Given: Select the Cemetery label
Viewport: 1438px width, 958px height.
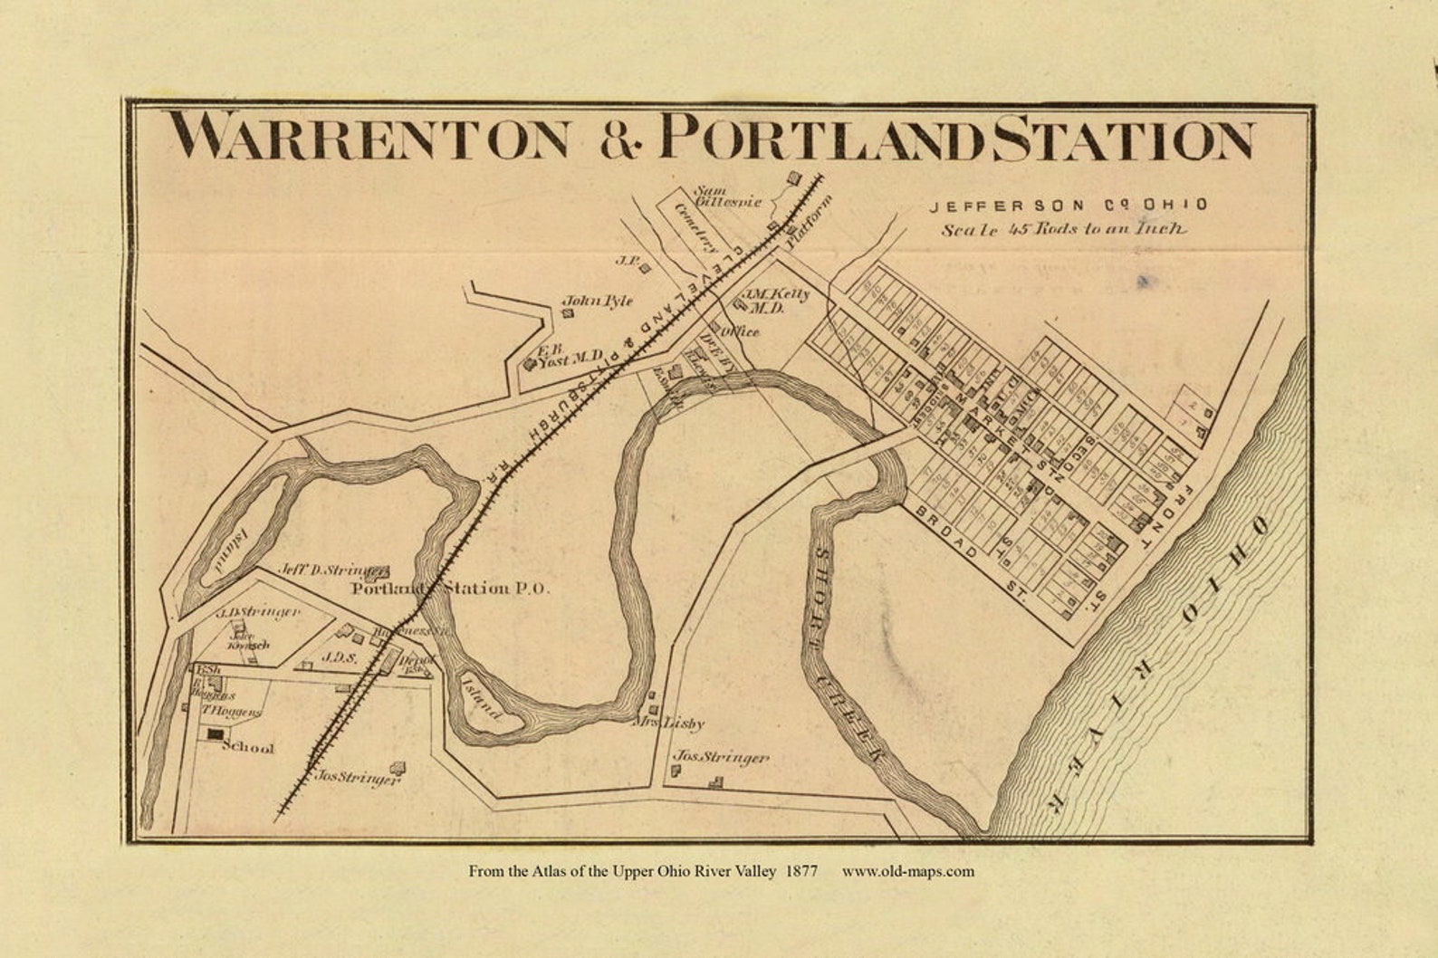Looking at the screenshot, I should pyautogui.click(x=696, y=226).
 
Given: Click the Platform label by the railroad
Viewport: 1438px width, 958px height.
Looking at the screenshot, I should pyautogui.click(x=808, y=224).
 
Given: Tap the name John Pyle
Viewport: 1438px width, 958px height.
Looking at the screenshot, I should pyautogui.click(x=598, y=302).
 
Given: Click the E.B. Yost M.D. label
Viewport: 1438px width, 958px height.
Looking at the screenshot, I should pyautogui.click(x=566, y=358).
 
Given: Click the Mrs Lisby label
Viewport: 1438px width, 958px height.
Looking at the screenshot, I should pyautogui.click(x=671, y=724).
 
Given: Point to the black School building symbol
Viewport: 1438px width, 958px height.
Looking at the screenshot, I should pyautogui.click(x=214, y=734).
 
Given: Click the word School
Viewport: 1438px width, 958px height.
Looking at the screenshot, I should pyautogui.click(x=247, y=749).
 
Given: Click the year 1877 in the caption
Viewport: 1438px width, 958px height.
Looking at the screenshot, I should pyautogui.click(x=802, y=872).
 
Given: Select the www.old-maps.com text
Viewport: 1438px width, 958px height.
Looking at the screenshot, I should pyautogui.click(x=907, y=872).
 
